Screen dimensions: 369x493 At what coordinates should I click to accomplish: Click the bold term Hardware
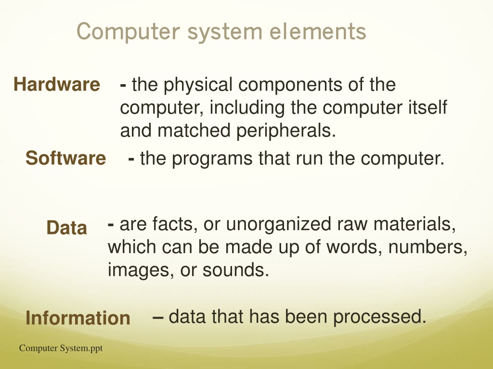[57, 85]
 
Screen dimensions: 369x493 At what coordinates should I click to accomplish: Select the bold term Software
[65, 158]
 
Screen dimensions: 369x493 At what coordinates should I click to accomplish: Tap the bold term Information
[78, 318]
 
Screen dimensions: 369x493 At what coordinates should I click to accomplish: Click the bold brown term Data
[66, 228]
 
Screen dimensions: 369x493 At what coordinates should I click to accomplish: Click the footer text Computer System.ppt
[61, 348]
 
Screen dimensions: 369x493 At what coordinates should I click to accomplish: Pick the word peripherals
[285, 130]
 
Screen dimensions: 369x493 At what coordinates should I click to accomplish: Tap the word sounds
[234, 270]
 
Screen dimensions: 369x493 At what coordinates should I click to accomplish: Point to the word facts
[174, 224]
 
